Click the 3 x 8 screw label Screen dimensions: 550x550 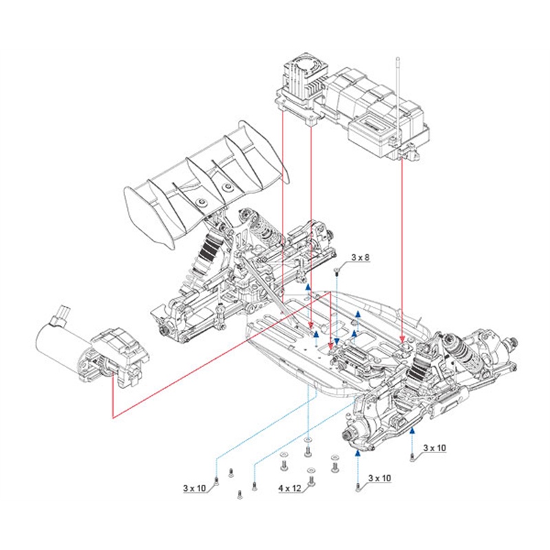360,258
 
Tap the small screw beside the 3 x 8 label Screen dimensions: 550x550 337,270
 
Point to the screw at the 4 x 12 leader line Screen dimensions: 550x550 313,481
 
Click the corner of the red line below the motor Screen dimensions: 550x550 112,417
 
